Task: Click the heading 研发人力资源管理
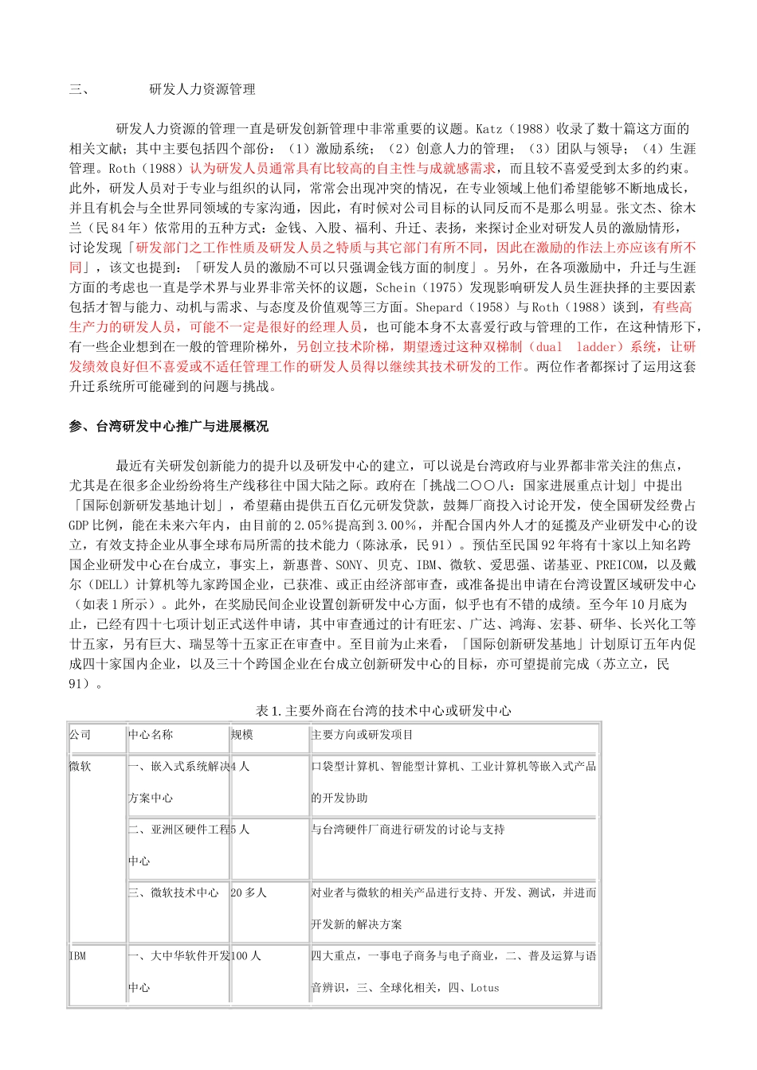pyautogui.click(x=202, y=89)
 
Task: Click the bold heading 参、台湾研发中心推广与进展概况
pyautogui.click(x=169, y=427)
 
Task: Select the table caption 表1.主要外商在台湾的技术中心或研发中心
pyautogui.click(x=383, y=710)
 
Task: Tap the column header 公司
pyautogui.click(x=80, y=735)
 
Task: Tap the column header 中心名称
pyautogui.click(x=151, y=735)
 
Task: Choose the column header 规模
pyautogui.click(x=242, y=735)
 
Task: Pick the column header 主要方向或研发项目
pyautogui.click(x=363, y=735)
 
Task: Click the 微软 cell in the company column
pyautogui.click(x=80, y=766)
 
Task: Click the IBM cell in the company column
pyautogui.click(x=77, y=956)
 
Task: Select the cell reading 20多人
pyautogui.click(x=249, y=893)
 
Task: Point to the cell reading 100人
pyautogui.click(x=246, y=956)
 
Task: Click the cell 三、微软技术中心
pyautogui.click(x=174, y=893)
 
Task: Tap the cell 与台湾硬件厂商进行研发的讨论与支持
pyautogui.click(x=408, y=830)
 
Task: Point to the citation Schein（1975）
pyautogui.click(x=416, y=287)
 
